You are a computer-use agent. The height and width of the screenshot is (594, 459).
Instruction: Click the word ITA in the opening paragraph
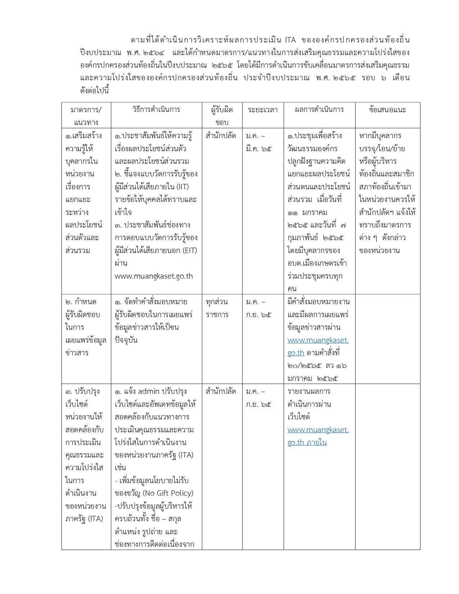click(x=290, y=40)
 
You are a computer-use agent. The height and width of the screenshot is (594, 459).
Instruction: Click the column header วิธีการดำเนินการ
click(x=156, y=109)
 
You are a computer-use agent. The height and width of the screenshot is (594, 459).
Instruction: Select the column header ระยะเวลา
click(x=263, y=110)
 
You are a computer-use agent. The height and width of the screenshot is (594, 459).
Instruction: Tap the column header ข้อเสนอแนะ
click(x=387, y=110)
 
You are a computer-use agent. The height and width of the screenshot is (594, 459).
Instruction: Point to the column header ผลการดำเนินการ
click(x=319, y=109)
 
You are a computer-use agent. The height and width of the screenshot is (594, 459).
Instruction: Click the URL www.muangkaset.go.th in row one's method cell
click(x=154, y=276)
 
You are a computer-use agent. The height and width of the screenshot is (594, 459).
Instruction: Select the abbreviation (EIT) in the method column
click(x=190, y=251)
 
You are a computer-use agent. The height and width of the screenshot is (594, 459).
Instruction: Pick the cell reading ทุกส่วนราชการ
click(x=217, y=308)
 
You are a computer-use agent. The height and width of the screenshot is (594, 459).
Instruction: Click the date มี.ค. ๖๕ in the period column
click(x=259, y=148)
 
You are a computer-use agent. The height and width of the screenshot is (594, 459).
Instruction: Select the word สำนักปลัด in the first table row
click(x=221, y=136)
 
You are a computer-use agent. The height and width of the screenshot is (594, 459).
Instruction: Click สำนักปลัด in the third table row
click(x=221, y=391)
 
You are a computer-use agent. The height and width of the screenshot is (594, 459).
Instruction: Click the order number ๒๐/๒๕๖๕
click(x=304, y=366)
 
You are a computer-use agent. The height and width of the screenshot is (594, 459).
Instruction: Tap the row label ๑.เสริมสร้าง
click(x=84, y=136)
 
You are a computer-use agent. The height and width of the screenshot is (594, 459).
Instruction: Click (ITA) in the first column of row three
click(x=95, y=519)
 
